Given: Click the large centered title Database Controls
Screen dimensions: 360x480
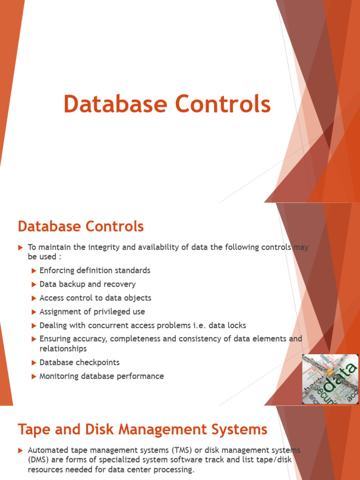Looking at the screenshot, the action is (167, 104).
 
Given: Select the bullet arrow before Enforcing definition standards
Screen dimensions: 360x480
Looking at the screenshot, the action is (34, 270).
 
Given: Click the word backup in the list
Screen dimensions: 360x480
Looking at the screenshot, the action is (72, 284).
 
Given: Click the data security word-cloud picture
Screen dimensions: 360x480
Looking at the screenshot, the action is (330, 379).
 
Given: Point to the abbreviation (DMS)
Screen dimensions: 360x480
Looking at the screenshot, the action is (38, 460).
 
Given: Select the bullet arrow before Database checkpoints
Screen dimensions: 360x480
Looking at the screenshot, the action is (34, 363).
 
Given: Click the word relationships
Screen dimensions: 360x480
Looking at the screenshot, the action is (63, 349).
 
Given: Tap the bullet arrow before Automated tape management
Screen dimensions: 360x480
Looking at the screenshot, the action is (21, 450).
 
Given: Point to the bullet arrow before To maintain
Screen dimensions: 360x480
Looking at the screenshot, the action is (21, 247).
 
